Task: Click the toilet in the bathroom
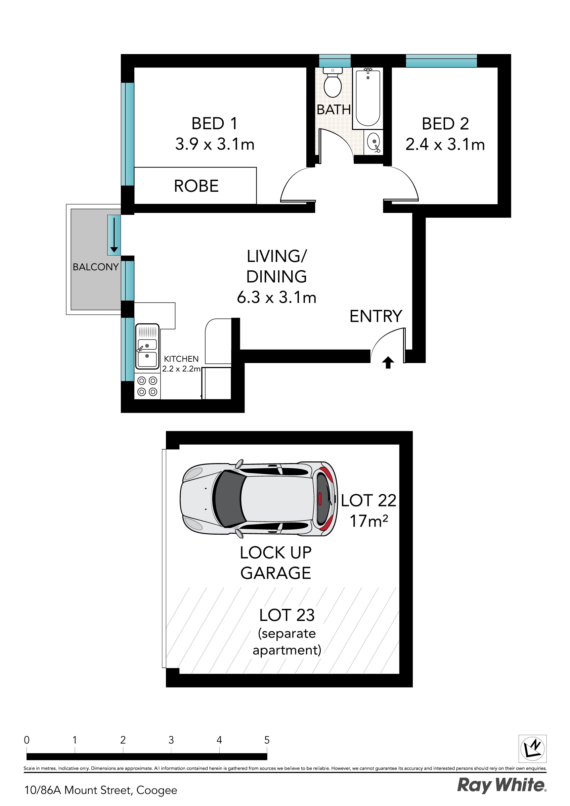[x=332, y=85]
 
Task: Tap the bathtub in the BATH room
[x=368, y=98]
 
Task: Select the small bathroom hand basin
[x=373, y=142]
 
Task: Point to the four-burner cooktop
[x=147, y=386]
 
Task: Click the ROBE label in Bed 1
[x=196, y=186]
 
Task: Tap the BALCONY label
[x=95, y=267]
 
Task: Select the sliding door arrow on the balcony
[x=114, y=235]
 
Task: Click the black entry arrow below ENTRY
[x=388, y=362]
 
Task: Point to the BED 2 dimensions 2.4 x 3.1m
[x=445, y=144]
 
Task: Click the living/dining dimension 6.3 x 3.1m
[x=276, y=297]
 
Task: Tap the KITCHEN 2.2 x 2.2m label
[x=181, y=364]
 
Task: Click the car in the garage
[x=258, y=498]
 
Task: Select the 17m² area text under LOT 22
[x=368, y=521]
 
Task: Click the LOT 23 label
[x=287, y=615]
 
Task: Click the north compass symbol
[x=532, y=749]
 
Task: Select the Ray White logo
[x=501, y=785]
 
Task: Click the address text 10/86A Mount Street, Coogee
[x=101, y=790]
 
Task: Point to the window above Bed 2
[x=441, y=61]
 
